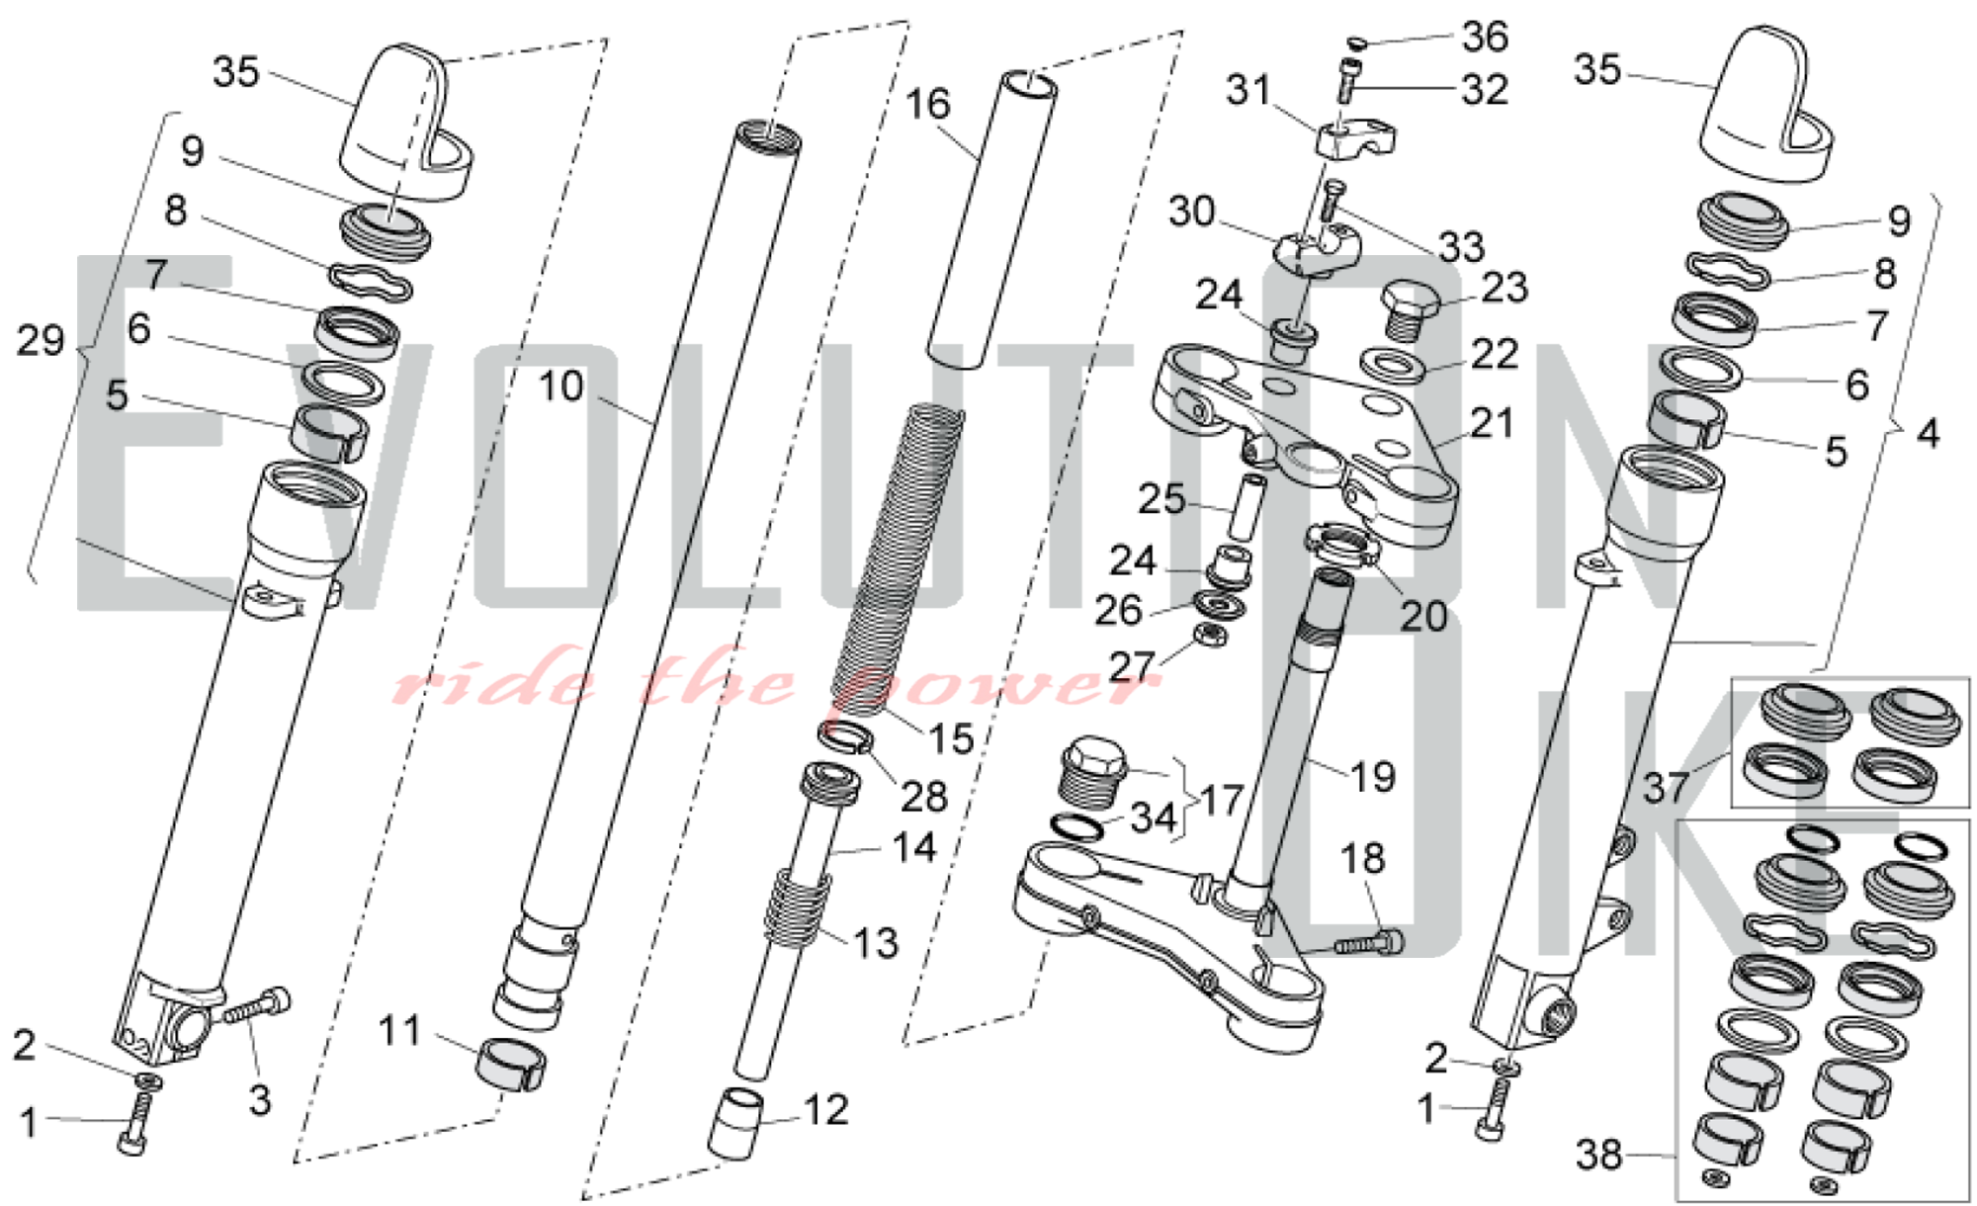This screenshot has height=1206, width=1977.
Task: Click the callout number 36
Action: coord(1485,37)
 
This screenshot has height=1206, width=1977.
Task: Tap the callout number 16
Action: coord(927,104)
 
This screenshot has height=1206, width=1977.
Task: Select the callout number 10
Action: coord(560,386)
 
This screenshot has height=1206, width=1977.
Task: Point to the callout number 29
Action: coord(41,341)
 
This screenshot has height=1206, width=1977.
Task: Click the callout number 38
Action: coord(1598,1154)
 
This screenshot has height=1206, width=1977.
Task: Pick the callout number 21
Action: coord(1492,423)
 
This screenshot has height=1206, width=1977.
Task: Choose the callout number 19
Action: coord(1372,777)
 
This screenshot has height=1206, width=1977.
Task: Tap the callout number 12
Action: coord(825,1110)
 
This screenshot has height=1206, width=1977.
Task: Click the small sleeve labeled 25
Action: coord(1248,506)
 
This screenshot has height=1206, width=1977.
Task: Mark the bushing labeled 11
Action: coord(510,1064)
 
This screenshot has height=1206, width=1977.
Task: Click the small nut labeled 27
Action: coord(1210,635)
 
